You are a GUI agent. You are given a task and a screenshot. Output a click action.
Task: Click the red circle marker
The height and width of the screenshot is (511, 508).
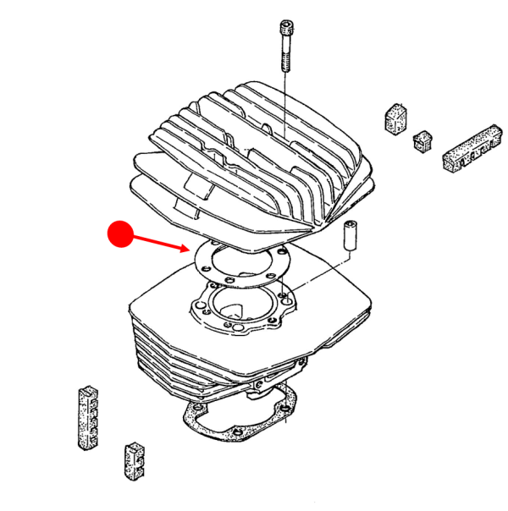pos(120,234)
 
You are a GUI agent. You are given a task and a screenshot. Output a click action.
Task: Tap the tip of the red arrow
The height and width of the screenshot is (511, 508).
pos(191,250)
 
